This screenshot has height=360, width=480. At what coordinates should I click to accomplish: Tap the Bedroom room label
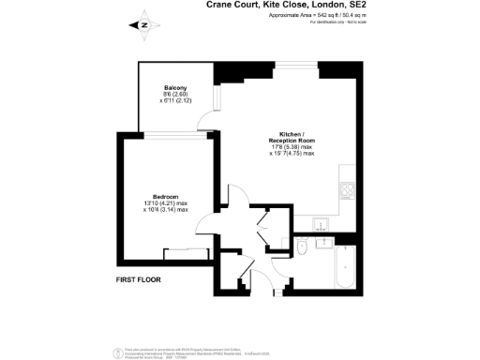point(166,196)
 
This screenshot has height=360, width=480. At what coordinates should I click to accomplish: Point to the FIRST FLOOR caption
point(141,279)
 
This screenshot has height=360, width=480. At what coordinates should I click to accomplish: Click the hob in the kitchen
point(347,191)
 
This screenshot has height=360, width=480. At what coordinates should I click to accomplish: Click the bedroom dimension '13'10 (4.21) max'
point(166,203)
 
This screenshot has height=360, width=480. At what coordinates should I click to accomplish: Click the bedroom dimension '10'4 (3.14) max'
point(166,210)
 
